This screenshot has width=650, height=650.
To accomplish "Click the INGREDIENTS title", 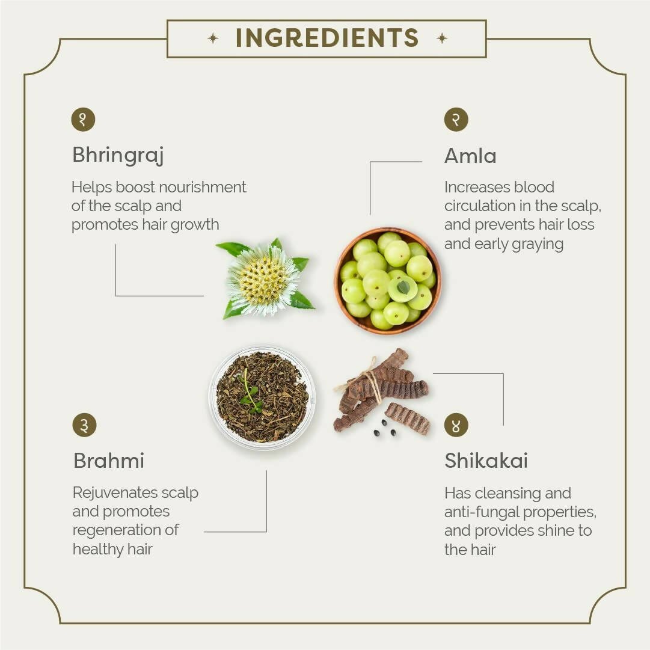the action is (327, 38).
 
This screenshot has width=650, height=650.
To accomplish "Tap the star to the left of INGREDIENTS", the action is (213, 38).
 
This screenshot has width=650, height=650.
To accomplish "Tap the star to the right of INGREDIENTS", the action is (442, 38).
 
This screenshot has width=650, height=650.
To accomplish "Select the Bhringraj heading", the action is (118, 156).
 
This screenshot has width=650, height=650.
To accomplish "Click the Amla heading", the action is (470, 156).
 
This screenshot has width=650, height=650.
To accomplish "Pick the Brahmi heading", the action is (109, 461).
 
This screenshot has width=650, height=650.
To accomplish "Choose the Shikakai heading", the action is (486, 461).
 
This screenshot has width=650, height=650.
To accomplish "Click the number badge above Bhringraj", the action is (84, 120).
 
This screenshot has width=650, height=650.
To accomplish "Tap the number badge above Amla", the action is (456, 120).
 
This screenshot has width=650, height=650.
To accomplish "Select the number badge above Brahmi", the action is (84, 425).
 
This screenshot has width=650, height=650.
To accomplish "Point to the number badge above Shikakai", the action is (456, 425).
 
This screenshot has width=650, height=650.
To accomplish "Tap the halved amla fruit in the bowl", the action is (402, 288).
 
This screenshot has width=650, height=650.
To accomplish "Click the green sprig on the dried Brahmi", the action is (250, 393).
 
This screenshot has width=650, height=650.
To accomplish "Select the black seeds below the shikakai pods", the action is (385, 429).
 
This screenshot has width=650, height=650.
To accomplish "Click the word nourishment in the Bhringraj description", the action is (202, 188).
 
